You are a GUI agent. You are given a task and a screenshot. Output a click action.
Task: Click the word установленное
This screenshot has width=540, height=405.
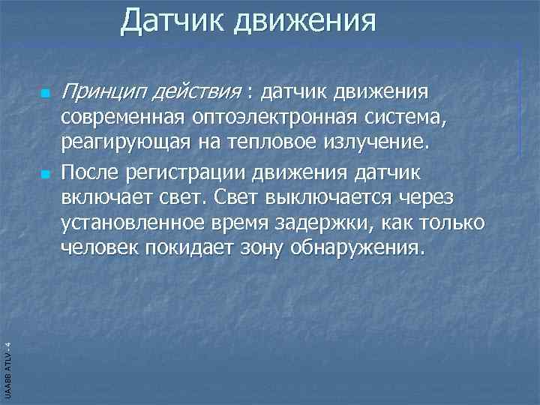coord(134,223)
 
